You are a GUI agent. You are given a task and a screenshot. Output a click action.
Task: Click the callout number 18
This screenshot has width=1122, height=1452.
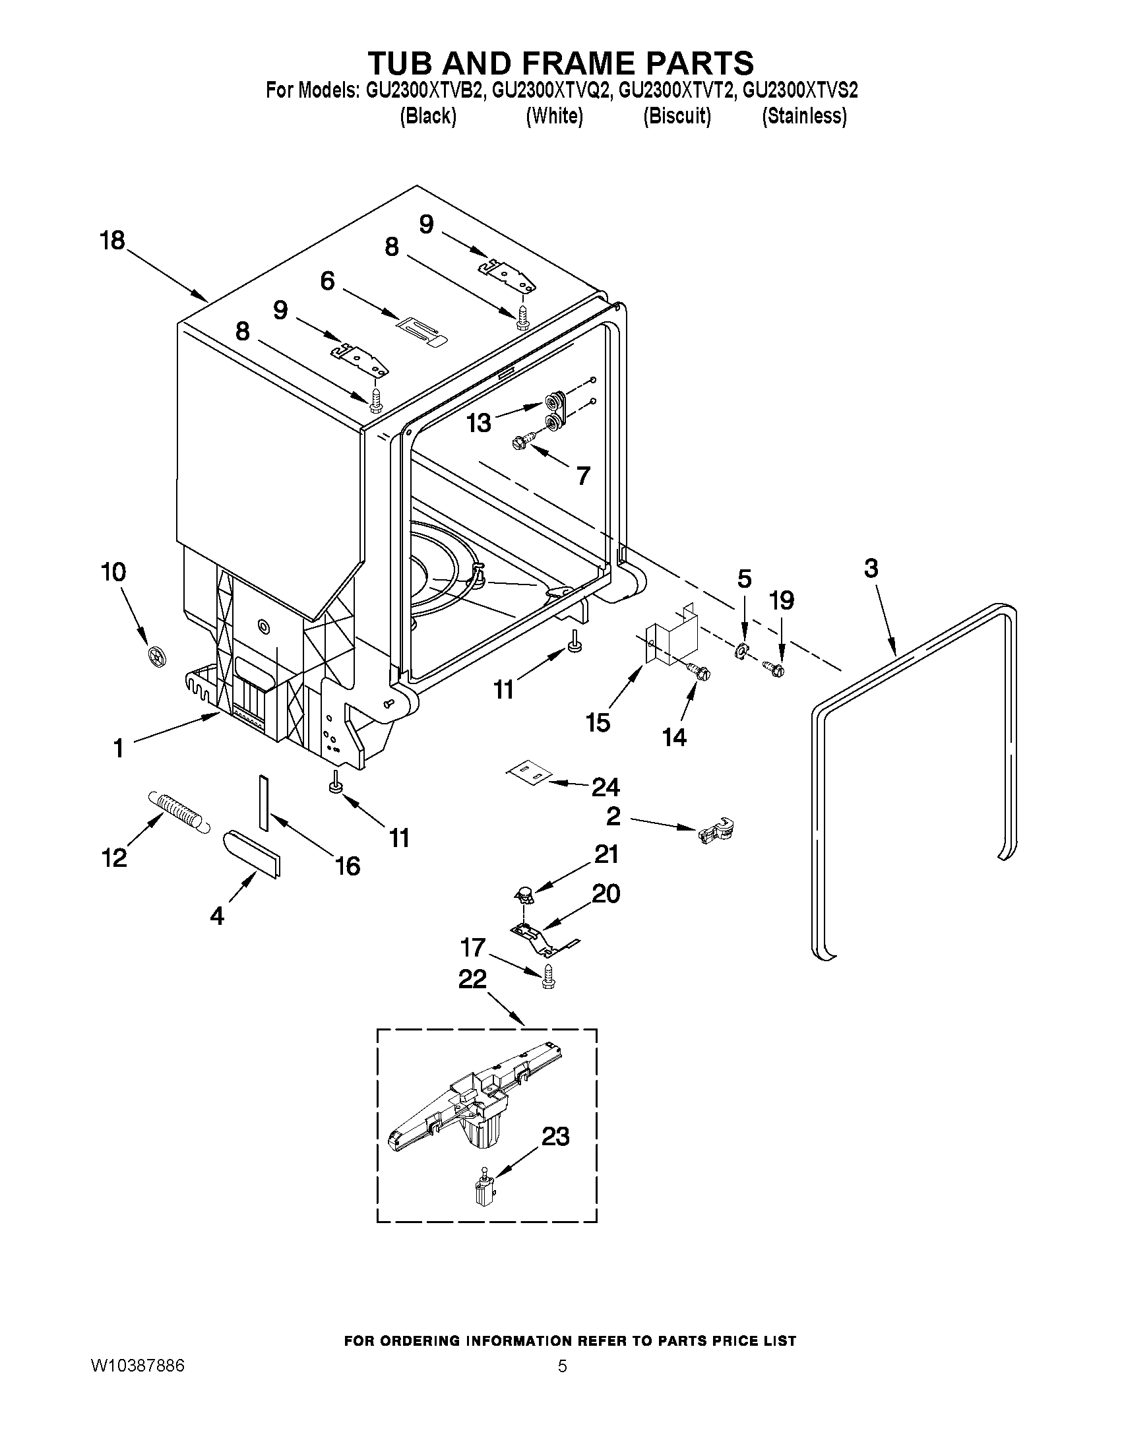(112, 241)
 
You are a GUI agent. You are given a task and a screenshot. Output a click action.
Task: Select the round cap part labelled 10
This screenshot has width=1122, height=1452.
(157, 657)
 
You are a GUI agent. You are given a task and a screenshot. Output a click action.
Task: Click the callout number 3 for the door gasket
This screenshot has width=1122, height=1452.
(871, 569)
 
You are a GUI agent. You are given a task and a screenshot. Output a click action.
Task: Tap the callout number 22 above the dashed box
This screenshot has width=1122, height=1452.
(472, 979)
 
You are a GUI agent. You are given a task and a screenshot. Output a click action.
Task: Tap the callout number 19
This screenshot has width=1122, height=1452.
(781, 601)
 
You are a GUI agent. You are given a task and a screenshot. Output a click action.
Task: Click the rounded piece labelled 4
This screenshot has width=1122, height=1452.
(252, 853)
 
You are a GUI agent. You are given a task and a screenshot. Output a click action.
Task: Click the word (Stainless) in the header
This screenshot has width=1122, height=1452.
(804, 116)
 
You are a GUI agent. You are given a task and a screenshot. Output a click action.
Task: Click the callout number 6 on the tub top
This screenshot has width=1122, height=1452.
(327, 281)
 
